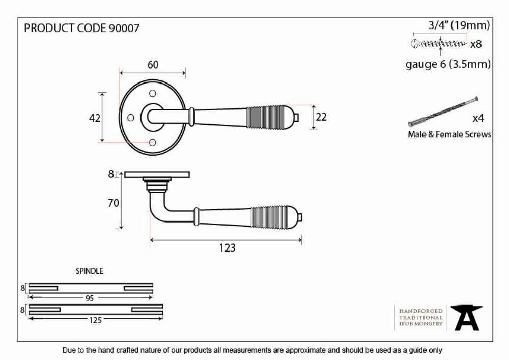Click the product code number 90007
pyautogui.click(x=124, y=28)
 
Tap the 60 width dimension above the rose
pyautogui.click(x=153, y=65)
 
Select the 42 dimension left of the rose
pyautogui.click(x=95, y=118)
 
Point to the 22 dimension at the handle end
pyautogui.click(x=321, y=117)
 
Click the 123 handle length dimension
pyautogui.click(x=227, y=248)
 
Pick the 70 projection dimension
pyautogui.click(x=114, y=203)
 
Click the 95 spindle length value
pyautogui.click(x=90, y=298)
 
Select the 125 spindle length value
pyautogui.click(x=96, y=320)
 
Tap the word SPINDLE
pyautogui.click(x=90, y=271)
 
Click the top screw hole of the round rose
pyautogui.click(x=152, y=94)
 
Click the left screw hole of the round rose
pyautogui.click(x=130, y=118)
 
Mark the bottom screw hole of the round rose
pyautogui.click(x=152, y=142)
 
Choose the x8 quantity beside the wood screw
pyautogui.click(x=476, y=44)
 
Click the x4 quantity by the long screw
pyautogui.click(x=478, y=118)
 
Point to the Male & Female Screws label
pyautogui.click(x=449, y=134)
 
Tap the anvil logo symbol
pyautogui.click(x=466, y=318)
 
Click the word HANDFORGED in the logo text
pyautogui.click(x=421, y=311)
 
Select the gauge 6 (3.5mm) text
pyautogui.click(x=448, y=64)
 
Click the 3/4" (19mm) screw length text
pyautogui.click(x=459, y=25)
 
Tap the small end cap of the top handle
pyautogui.click(x=296, y=117)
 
